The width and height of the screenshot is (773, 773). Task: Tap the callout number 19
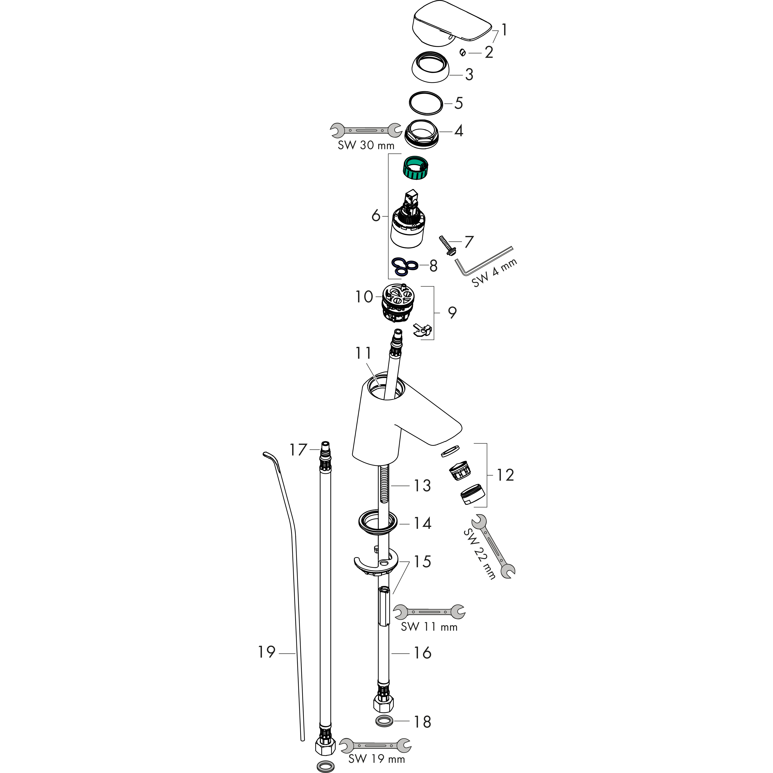267,652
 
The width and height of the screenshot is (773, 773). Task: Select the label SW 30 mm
366,145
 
